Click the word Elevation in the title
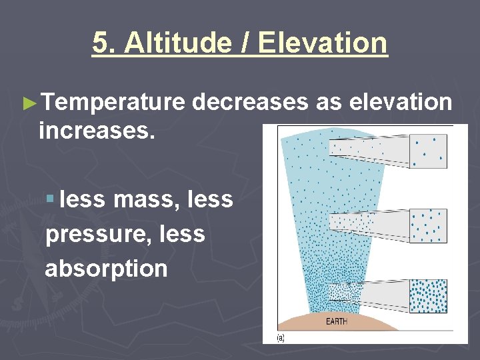click(322, 43)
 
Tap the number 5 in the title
click(99, 43)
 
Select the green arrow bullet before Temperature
click(28, 103)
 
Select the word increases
click(97, 130)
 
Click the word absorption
click(106, 269)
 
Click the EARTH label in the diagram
click(336, 322)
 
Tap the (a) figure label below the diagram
click(281, 338)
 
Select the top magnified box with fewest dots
click(428, 151)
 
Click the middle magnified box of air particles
click(428, 225)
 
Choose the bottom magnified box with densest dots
click(428, 295)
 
